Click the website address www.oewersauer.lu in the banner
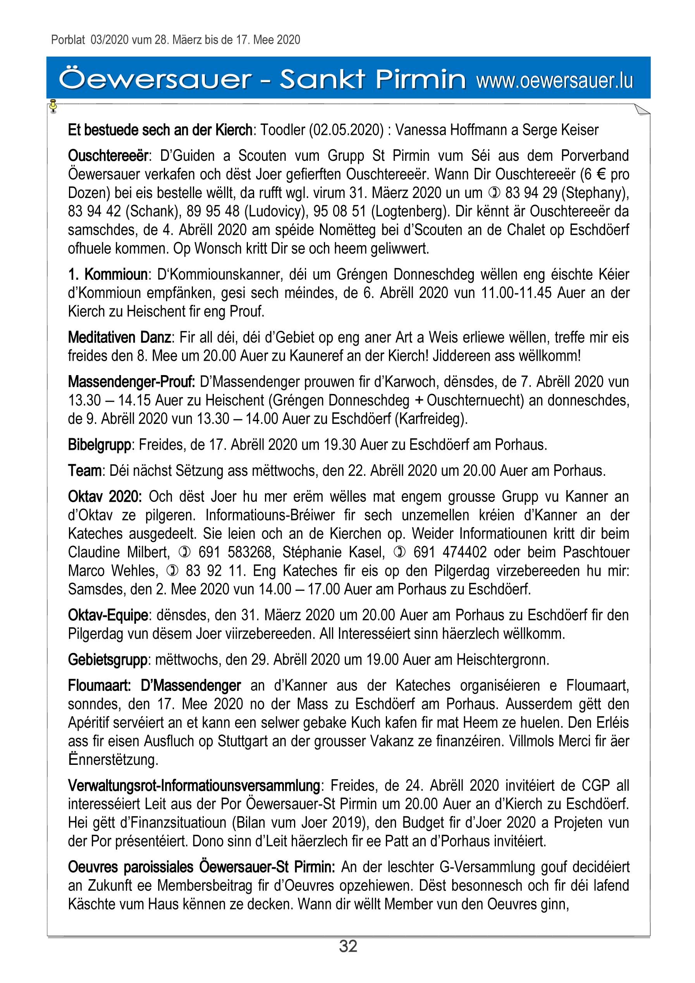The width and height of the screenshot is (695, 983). [554, 81]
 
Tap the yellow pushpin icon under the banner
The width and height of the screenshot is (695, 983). [53, 105]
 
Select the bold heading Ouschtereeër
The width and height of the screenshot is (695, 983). [108, 155]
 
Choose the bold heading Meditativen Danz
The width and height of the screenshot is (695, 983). [120, 337]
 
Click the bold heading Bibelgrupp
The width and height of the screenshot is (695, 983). [99, 445]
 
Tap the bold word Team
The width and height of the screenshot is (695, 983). [85, 470]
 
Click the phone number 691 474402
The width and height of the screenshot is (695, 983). [450, 552]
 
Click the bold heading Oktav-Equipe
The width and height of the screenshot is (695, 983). [108, 615]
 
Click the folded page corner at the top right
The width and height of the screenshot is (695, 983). [642, 110]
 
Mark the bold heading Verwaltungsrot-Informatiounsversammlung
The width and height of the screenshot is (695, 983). [194, 786]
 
